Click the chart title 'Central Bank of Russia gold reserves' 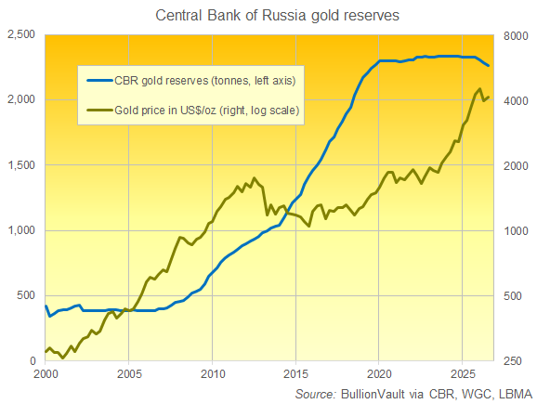[278, 16]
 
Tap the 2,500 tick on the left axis [21, 34]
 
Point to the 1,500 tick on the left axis [21, 165]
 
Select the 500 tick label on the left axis [26, 295]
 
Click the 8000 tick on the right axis [516, 35]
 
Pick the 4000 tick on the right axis [516, 100]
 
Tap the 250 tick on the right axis [513, 361]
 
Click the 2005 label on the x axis [129, 374]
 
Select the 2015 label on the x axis [295, 374]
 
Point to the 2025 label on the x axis [463, 374]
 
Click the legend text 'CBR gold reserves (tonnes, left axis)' [204, 81]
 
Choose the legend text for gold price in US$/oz [207, 111]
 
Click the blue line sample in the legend [99, 81]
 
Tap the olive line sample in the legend [99, 111]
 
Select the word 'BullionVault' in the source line [373, 394]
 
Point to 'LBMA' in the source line [515, 394]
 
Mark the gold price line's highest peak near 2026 [479, 88]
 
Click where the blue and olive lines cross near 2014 [287, 214]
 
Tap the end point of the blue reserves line [489, 65]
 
